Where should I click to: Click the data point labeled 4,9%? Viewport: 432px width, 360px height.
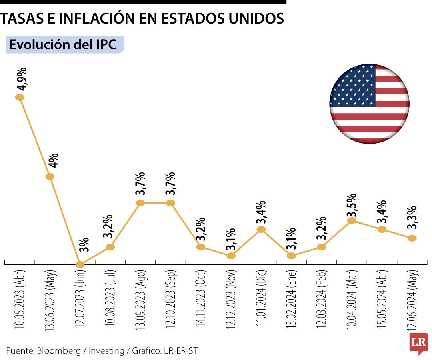(x=19, y=97)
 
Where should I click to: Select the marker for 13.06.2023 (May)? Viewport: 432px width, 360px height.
(x=50, y=176)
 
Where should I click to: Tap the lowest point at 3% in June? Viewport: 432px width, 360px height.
(x=80, y=264)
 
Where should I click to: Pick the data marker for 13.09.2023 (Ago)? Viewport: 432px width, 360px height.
(x=140, y=203)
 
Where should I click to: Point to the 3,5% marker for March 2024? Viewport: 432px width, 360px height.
(x=352, y=220)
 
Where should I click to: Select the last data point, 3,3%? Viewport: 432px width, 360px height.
(x=412, y=238)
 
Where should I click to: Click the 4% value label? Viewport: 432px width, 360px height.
(x=54, y=160)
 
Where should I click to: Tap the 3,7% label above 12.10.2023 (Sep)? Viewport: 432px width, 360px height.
(x=170, y=184)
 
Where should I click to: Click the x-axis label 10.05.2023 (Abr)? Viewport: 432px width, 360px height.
(x=19, y=300)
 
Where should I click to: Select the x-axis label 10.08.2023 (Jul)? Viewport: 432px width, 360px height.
(x=110, y=300)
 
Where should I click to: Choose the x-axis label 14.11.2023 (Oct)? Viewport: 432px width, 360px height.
(x=201, y=300)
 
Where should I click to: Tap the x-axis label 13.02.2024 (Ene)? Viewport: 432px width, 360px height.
(x=291, y=300)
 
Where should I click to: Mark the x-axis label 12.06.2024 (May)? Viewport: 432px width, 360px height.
(x=412, y=300)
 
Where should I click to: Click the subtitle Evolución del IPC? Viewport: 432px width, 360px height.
(x=63, y=44)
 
